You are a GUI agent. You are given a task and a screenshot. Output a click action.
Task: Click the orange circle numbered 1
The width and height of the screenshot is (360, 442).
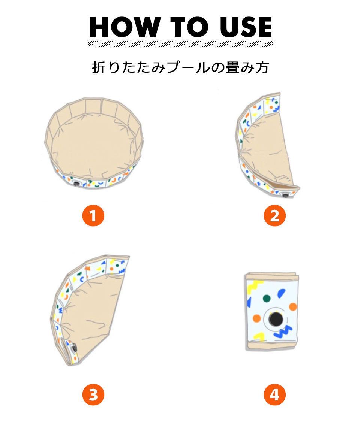93,216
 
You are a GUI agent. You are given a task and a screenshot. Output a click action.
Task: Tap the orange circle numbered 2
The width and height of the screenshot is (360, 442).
274,216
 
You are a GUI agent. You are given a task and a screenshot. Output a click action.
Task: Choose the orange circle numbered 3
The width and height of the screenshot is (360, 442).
93,394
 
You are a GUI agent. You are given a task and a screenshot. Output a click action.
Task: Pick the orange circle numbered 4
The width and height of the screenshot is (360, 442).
274,394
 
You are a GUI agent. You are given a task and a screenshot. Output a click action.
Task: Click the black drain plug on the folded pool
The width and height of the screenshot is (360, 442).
276,319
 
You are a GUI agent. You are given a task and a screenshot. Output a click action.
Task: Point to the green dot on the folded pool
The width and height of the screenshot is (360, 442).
266,298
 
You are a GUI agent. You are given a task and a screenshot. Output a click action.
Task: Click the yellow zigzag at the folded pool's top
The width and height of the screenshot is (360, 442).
255,287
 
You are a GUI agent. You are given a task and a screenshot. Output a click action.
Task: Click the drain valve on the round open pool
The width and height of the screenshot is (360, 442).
76,184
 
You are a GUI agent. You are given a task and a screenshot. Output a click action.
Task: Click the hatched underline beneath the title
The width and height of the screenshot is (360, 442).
180,44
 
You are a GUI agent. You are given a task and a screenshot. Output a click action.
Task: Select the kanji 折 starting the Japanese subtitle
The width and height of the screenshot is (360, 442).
99,68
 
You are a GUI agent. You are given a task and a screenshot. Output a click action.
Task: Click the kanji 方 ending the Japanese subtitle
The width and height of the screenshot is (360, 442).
262,68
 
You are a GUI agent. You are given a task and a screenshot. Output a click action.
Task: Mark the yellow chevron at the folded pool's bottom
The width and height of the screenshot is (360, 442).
259,336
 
